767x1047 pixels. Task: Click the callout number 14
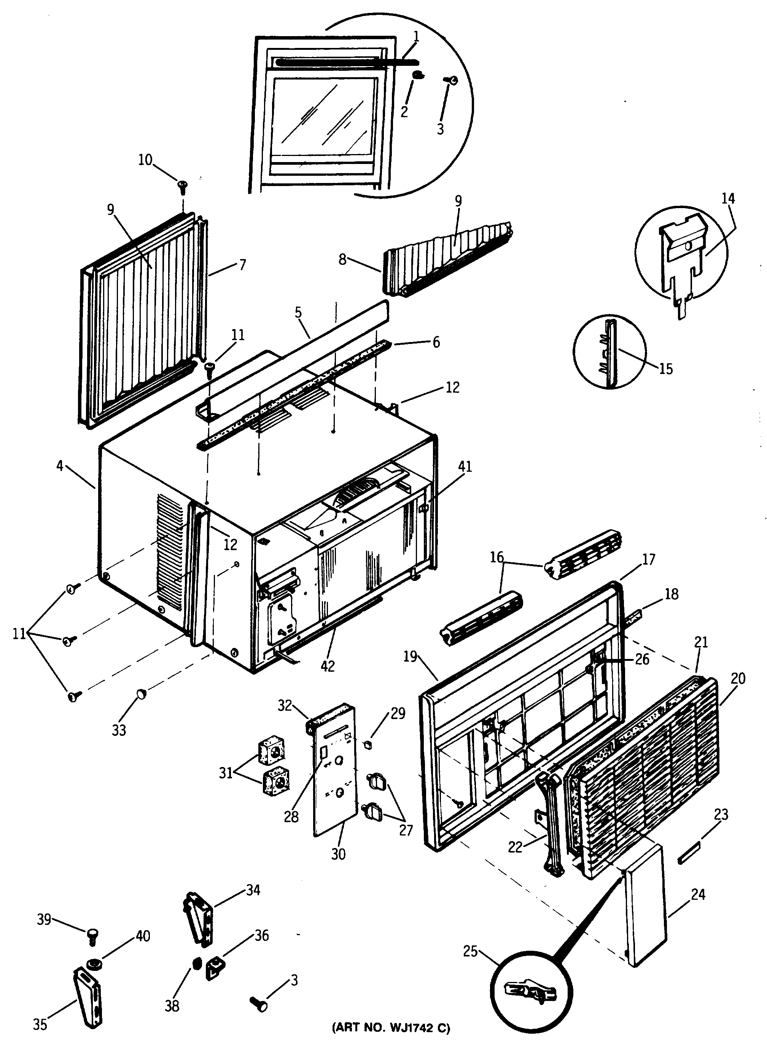tap(728, 198)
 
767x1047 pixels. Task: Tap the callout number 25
tap(470, 952)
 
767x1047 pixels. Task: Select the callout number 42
tap(328, 666)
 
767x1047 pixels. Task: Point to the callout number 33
tap(119, 730)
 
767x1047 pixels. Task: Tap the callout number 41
tap(465, 467)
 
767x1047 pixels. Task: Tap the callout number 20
tap(738, 678)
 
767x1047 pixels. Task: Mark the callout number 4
tap(59, 466)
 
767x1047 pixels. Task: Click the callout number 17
tap(648, 560)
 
